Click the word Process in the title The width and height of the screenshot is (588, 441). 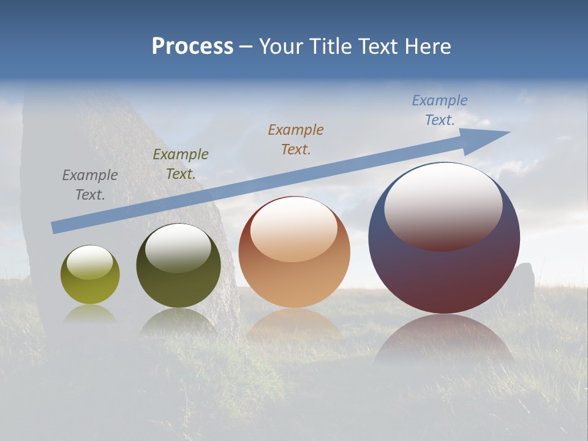click(x=192, y=47)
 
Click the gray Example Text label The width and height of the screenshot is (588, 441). click(x=89, y=185)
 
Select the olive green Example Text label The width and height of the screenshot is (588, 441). click(x=181, y=164)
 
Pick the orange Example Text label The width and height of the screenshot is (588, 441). click(x=296, y=139)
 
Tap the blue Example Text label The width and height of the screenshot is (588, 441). click(x=440, y=110)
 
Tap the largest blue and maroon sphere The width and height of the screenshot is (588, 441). click(x=444, y=276)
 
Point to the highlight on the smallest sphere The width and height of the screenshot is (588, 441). click(x=89, y=262)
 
